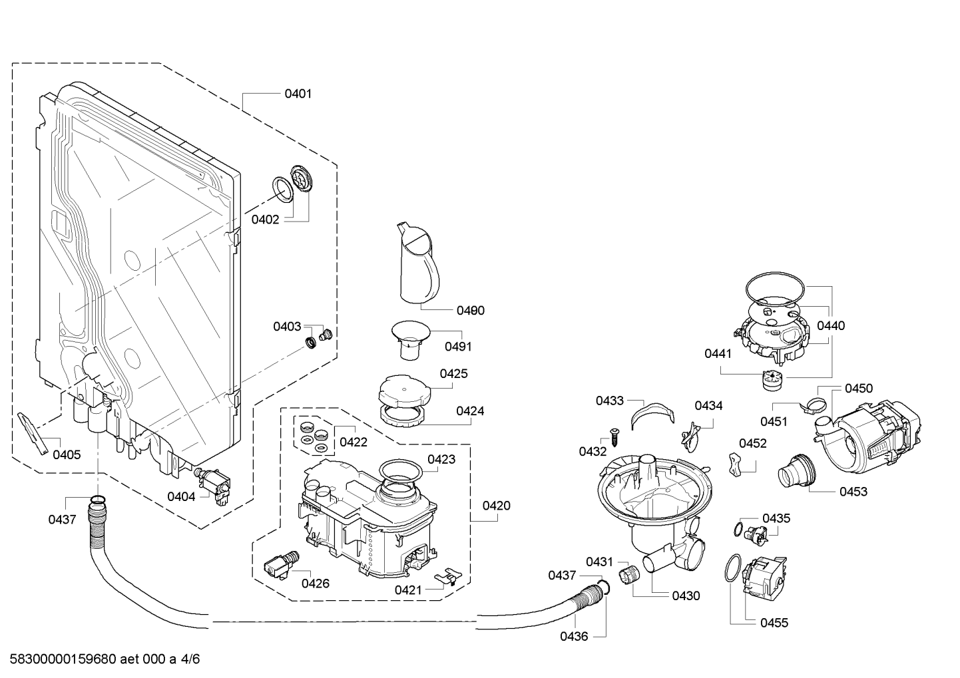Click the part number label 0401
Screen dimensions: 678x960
(298, 94)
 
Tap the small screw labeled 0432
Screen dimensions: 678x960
(614, 438)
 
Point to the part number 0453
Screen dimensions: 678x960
(854, 492)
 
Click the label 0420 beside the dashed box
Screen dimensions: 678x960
(497, 506)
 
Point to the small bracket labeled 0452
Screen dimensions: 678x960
(734, 463)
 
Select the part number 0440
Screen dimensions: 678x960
(830, 325)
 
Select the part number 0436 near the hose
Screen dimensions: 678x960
(573, 636)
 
